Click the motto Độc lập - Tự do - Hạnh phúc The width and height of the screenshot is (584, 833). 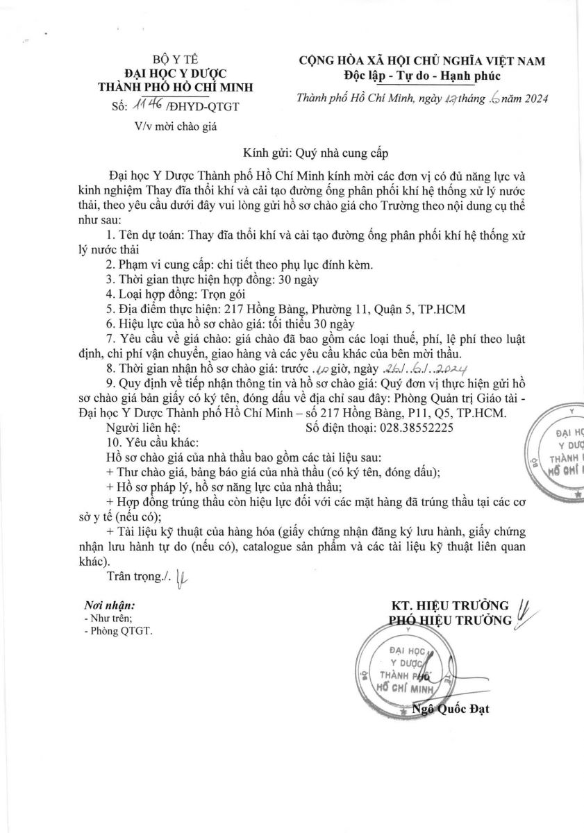click(422, 75)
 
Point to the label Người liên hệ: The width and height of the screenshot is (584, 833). click(143, 428)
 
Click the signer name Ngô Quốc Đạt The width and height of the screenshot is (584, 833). click(451, 709)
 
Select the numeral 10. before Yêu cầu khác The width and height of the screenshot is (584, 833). click(113, 442)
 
